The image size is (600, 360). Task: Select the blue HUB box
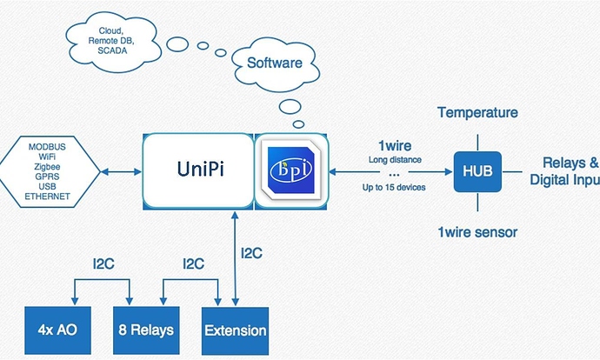[477, 170]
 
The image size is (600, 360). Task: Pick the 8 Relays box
[145, 330]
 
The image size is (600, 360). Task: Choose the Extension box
[236, 330]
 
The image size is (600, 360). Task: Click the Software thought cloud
[275, 63]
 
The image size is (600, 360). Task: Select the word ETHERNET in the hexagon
[49, 197]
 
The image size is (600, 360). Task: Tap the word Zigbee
[49, 164]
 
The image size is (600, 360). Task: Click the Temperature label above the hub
[477, 113]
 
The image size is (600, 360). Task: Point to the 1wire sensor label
[477, 232]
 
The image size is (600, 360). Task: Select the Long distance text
[394, 160]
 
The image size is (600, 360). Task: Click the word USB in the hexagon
[49, 186]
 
